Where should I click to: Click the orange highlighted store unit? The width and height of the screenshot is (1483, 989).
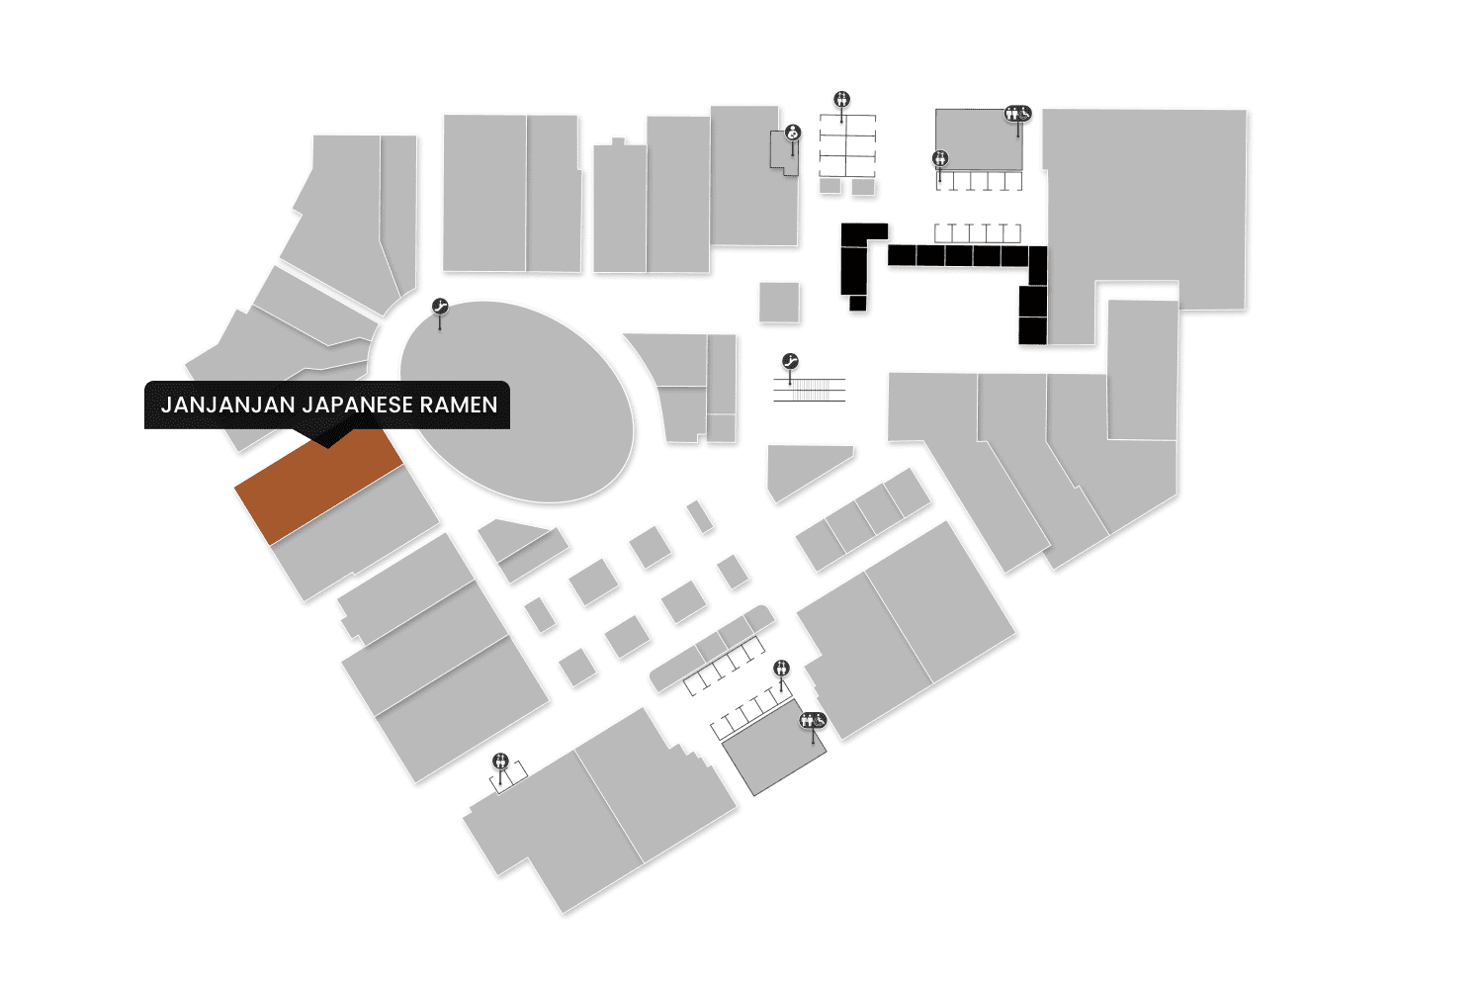(x=318, y=486)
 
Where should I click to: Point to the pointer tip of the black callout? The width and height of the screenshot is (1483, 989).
(x=327, y=446)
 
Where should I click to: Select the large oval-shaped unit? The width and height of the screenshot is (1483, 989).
(x=517, y=401)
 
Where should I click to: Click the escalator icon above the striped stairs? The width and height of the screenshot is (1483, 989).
(x=790, y=362)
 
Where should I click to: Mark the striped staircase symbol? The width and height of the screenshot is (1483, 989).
(x=810, y=390)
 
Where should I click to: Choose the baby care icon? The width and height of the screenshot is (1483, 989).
(x=793, y=133)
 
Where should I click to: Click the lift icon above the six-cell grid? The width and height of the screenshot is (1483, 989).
(x=842, y=99)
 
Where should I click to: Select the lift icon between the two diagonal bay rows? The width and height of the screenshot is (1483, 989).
(x=782, y=669)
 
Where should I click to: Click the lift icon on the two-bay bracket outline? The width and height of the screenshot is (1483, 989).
(x=501, y=762)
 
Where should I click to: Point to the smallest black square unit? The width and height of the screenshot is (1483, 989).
(x=857, y=303)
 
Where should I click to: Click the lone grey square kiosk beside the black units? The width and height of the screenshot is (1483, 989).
(x=779, y=303)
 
